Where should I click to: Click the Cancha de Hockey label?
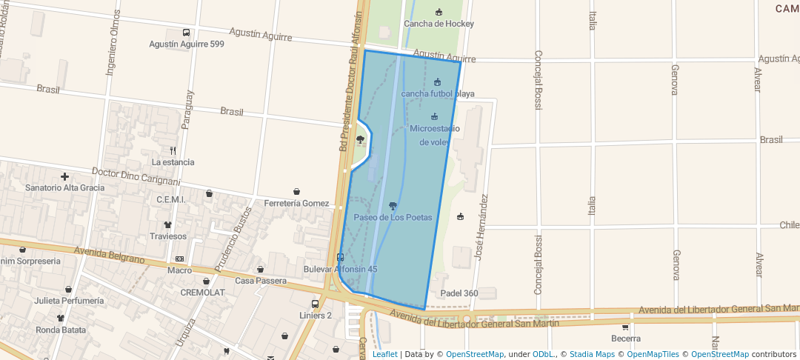pyautogui.click(x=439, y=24)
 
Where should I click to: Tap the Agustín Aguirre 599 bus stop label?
pyautogui.click(x=186, y=44)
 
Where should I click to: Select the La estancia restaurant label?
pyautogui.click(x=173, y=162)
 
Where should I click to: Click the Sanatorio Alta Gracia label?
pyautogui.click(x=64, y=187)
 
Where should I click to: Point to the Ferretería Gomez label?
pyautogui.click(x=296, y=203)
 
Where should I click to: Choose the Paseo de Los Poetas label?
pyautogui.click(x=393, y=217)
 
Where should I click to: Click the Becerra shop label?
pyautogui.click(x=626, y=339)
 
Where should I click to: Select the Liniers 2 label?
pyautogui.click(x=316, y=316)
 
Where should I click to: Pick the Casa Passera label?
pyautogui.click(x=261, y=281)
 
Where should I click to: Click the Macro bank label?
pyautogui.click(x=179, y=270)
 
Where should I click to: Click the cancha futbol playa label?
pyautogui.click(x=437, y=93)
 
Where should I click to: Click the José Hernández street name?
pyautogui.click(x=481, y=229)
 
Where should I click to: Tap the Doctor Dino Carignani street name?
pyautogui.click(x=136, y=176)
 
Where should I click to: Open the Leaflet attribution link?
pyautogui.click(x=384, y=354)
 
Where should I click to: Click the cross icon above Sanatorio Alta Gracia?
pyautogui.click(x=65, y=176)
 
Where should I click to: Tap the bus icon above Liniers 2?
pyautogui.click(x=315, y=304)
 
